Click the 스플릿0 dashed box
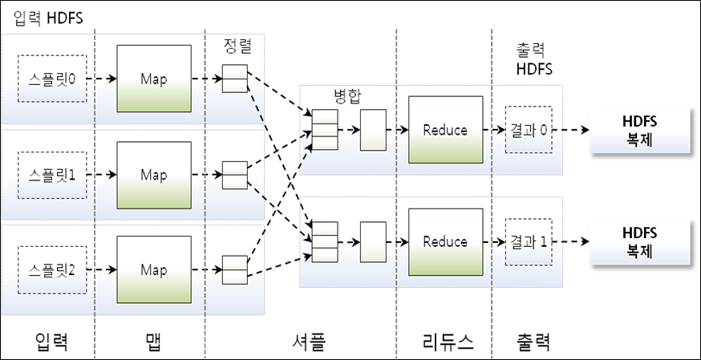(x=50, y=79)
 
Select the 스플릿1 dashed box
(x=50, y=174)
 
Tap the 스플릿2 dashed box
(x=50, y=269)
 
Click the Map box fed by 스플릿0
(x=154, y=79)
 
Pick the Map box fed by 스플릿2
(x=154, y=269)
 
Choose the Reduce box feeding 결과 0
(x=444, y=130)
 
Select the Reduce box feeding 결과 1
(x=444, y=241)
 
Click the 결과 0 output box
(x=529, y=130)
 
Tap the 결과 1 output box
(x=529, y=241)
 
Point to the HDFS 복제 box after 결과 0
(x=638, y=130)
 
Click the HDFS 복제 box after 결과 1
(x=638, y=241)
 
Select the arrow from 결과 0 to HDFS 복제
(x=571, y=130)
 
